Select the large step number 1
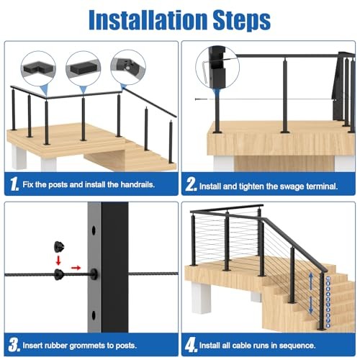pyautogui.click(x=14, y=185)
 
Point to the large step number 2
pyautogui.click(x=190, y=185)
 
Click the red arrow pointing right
pyautogui.click(x=77, y=274)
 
